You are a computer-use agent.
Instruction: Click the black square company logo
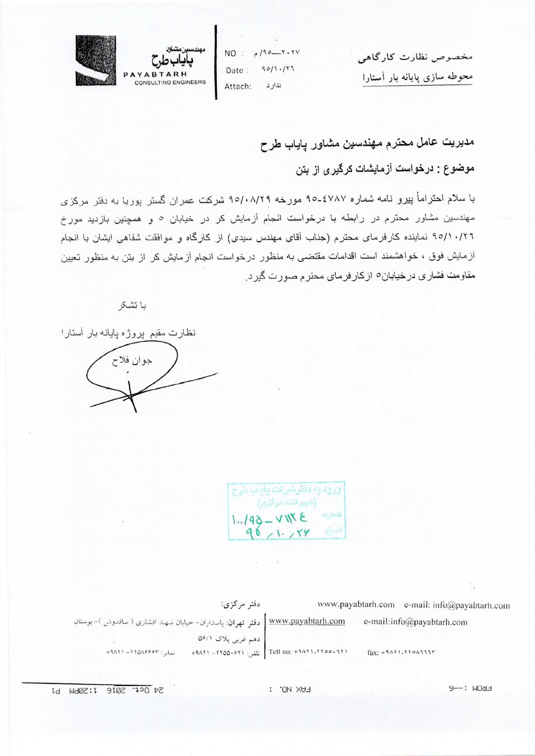tap(96, 60)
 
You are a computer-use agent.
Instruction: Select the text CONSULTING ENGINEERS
tap(170, 82)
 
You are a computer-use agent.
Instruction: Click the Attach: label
tap(238, 87)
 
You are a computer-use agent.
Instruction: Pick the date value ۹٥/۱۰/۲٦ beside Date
tap(277, 70)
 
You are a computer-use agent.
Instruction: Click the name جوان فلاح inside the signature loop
tap(131, 361)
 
